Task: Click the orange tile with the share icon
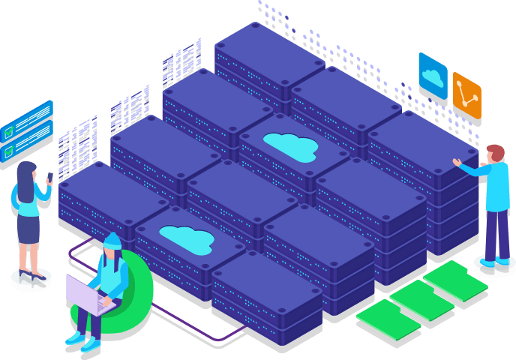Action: [x=466, y=94]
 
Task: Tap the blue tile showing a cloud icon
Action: [x=433, y=75]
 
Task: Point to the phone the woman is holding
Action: [x=50, y=178]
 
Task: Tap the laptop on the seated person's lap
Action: [x=88, y=295]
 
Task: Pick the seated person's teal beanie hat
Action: [x=112, y=241]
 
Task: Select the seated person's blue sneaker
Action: [x=91, y=344]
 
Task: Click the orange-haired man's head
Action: [x=495, y=154]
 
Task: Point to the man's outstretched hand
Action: [x=457, y=162]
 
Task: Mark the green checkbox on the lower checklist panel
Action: [x=9, y=150]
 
